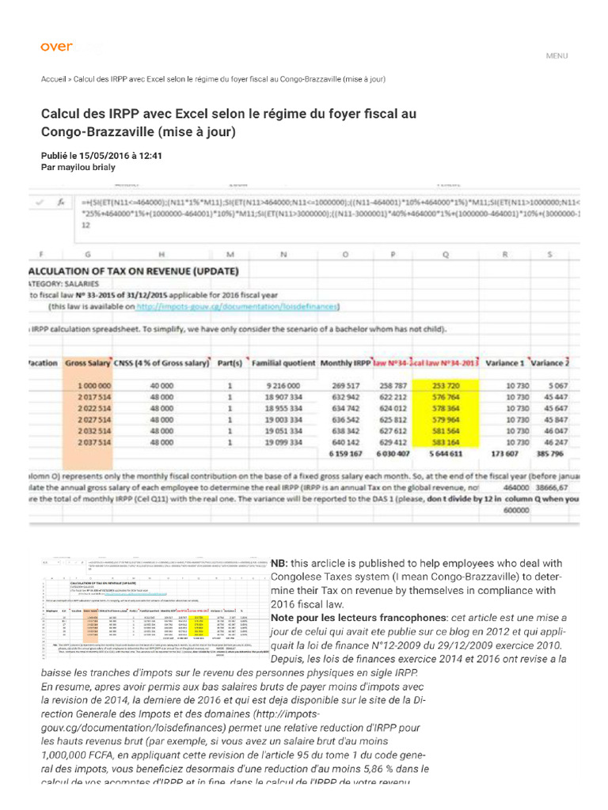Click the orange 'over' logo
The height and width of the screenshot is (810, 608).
coord(56,47)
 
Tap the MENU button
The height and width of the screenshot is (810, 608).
coord(557,56)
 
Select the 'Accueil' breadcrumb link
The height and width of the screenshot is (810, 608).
coord(53,80)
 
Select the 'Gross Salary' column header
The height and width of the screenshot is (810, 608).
coord(86,363)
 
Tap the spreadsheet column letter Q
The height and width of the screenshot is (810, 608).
coord(446,254)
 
